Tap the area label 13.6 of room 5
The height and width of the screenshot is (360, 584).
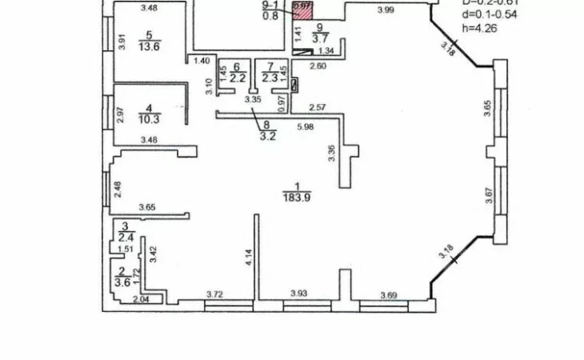148,46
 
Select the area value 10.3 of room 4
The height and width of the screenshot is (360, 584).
148,118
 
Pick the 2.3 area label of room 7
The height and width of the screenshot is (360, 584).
270,78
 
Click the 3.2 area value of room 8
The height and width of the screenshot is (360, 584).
266,135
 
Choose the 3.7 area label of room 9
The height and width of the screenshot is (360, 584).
320,37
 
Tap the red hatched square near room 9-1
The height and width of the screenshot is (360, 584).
302,11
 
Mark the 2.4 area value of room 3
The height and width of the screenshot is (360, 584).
126,237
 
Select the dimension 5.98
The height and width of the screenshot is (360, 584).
305,127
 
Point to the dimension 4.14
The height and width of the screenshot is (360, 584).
249,258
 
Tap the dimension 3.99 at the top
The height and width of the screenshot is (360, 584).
386,10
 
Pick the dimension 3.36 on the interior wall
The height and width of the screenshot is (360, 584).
330,154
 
